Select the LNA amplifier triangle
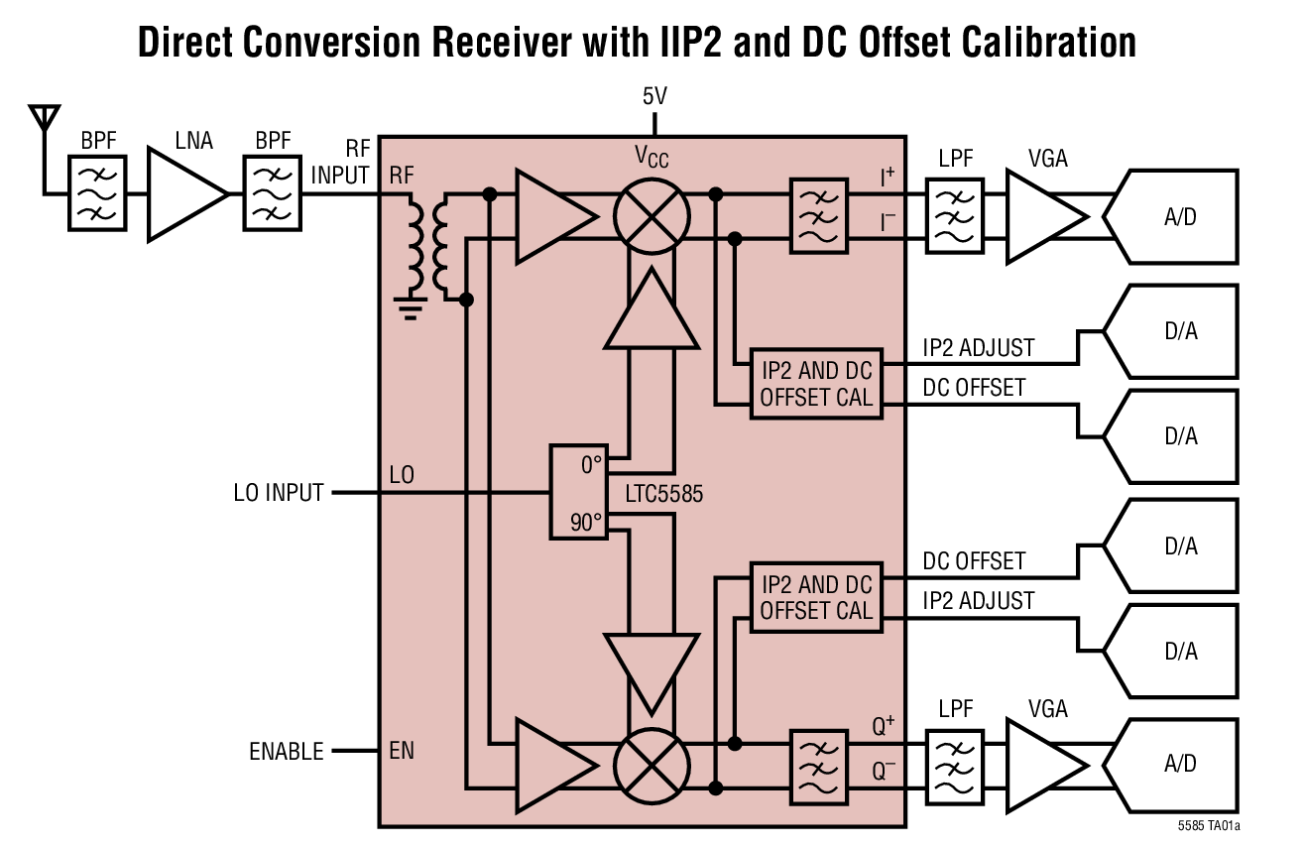pos(184,193)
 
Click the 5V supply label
pos(654,97)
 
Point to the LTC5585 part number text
pos(663,493)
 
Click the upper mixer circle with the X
pos(652,218)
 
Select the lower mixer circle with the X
pos(652,766)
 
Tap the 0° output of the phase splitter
pos(591,464)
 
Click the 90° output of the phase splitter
pos(587,522)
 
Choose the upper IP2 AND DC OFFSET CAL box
pos(816,384)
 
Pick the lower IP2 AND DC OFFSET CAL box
pos(816,598)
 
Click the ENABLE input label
pos(286,752)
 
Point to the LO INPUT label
pos(279,492)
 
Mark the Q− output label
pos(884,770)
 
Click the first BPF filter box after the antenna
pos(97,192)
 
